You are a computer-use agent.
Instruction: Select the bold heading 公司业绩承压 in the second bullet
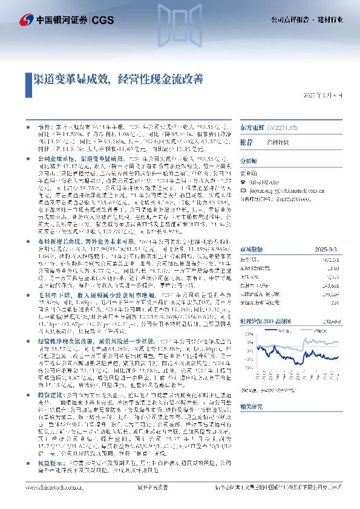(48, 157)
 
